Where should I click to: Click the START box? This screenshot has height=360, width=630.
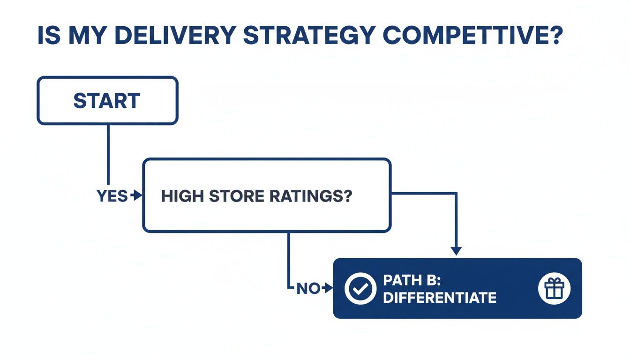[x=107, y=101]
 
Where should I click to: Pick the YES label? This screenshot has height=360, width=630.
[x=112, y=196]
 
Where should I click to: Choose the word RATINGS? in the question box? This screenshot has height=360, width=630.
[x=310, y=197]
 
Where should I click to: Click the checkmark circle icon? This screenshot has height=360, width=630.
[x=360, y=288]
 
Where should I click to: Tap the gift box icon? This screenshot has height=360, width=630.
[x=555, y=288]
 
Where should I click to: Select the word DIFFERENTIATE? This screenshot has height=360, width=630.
[x=439, y=297]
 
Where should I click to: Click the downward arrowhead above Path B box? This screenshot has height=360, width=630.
[x=456, y=251]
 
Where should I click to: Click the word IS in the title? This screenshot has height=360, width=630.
[x=48, y=36]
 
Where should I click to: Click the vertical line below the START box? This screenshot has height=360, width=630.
[x=108, y=155]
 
